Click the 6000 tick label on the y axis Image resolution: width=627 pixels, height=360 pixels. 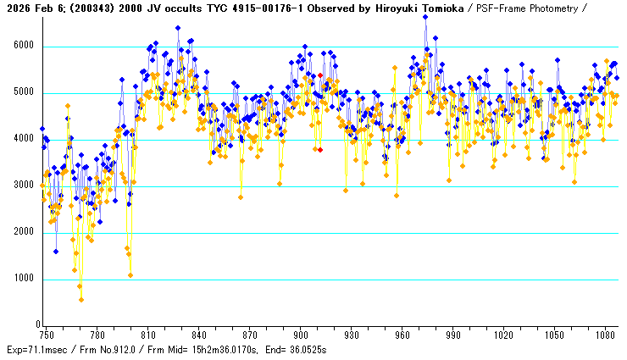[x=23, y=47]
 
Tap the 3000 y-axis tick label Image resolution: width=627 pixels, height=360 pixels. [x=23, y=186]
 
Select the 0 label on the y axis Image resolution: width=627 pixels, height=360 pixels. [x=36, y=325]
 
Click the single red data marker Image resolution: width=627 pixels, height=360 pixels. [x=320, y=149]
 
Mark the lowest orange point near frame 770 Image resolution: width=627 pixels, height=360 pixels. [x=81, y=299]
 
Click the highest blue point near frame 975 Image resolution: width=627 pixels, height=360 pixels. [x=425, y=17]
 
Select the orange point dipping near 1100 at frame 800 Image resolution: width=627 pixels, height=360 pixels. [x=130, y=274]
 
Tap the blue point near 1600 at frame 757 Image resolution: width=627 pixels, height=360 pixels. [x=56, y=251]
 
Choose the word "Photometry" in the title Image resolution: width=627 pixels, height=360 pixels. [x=553, y=7]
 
